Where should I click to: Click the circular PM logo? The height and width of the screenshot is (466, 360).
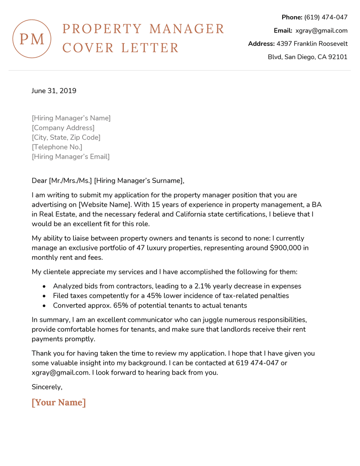tap(32, 39)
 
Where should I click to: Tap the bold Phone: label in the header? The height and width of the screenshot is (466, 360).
tap(292, 17)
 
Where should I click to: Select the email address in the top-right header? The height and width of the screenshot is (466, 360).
tap(321, 31)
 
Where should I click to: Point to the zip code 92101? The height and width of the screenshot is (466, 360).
tap(338, 57)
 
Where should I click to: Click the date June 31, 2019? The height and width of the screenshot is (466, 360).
tap(54, 91)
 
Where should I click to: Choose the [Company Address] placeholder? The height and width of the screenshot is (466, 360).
tap(63, 128)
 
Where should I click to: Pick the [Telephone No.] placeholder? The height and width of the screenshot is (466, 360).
tap(57, 147)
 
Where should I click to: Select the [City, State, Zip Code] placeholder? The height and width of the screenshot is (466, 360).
tap(66, 137)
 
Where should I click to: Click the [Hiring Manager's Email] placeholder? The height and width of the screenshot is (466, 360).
tap(71, 157)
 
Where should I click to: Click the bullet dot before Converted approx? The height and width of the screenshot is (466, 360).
tap(44, 306)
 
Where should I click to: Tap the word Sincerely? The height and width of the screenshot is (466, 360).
tap(47, 387)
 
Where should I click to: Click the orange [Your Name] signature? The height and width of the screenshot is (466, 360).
tap(58, 402)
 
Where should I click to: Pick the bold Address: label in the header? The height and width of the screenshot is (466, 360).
tap(261, 44)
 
